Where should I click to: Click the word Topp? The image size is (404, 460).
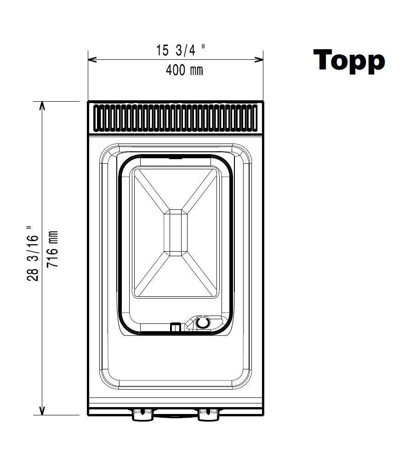[349, 61]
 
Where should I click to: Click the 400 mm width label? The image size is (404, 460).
[184, 70]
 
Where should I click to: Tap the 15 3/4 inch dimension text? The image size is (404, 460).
[180, 50]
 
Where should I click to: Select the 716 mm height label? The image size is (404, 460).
[53, 249]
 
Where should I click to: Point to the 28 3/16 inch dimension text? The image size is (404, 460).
[33, 253]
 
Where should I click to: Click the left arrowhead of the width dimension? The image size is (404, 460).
[92, 60]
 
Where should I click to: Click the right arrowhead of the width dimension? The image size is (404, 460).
[259, 60]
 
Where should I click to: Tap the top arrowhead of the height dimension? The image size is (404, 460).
[42, 106]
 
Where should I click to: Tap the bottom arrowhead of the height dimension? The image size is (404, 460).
[42, 411]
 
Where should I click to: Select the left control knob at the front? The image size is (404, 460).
[142, 415]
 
